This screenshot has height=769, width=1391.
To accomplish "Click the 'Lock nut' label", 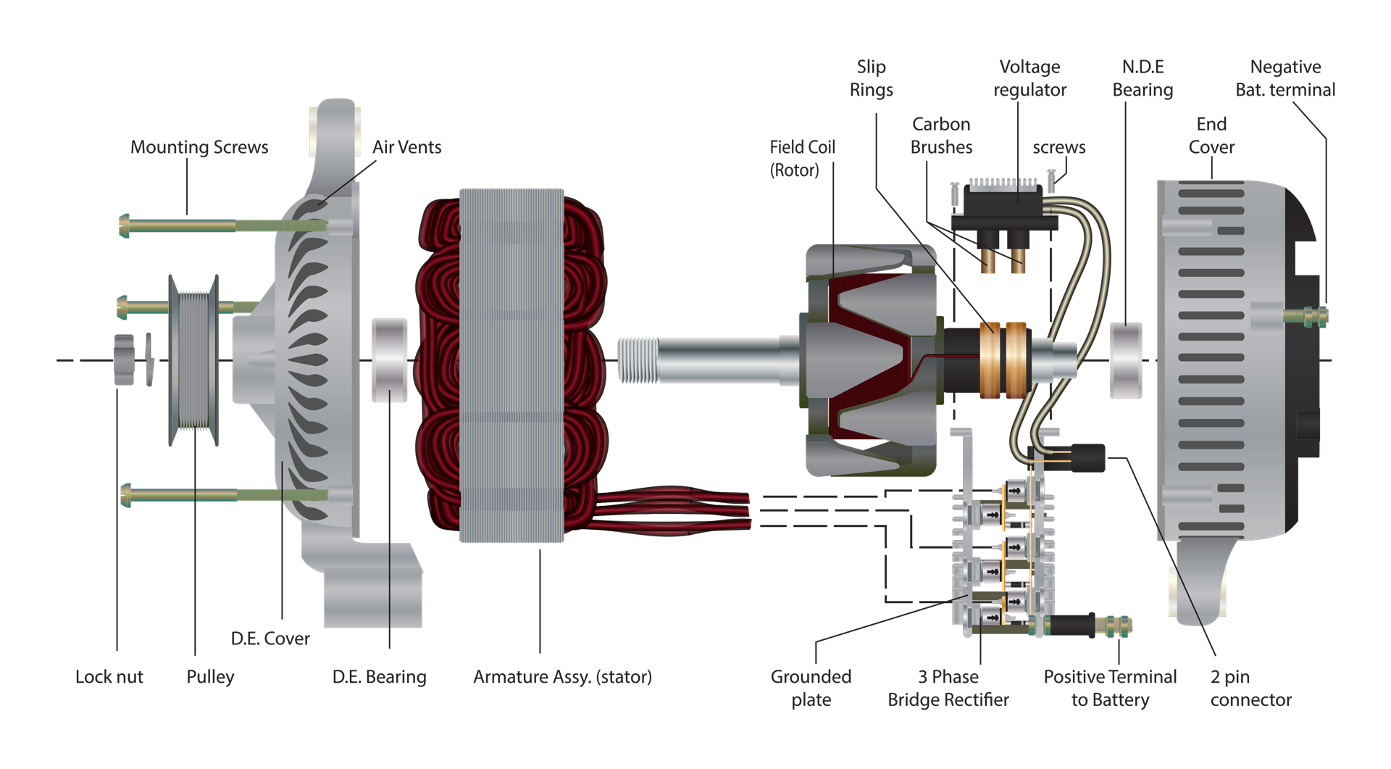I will (x=109, y=677).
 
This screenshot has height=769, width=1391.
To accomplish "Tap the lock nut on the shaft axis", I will (x=124, y=359).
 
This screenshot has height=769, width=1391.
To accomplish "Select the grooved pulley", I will (x=193, y=359).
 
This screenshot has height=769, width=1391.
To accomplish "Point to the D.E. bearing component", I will (x=389, y=360).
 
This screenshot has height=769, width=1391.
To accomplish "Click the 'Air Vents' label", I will (x=406, y=147).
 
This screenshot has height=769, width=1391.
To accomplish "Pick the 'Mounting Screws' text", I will (x=199, y=147).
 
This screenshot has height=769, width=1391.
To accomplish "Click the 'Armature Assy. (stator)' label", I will (x=562, y=677).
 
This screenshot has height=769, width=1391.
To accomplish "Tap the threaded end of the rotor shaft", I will (x=638, y=360).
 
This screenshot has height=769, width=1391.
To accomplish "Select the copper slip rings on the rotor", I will (x=1003, y=359).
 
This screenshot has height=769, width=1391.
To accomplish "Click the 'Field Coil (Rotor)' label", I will (x=801, y=159).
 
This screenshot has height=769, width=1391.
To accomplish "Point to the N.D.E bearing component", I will (x=1126, y=360).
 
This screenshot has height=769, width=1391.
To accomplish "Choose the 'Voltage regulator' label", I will (x=1029, y=78).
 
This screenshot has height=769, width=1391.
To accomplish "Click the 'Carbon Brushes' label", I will (x=941, y=136).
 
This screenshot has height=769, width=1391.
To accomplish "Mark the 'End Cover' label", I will (x=1211, y=136).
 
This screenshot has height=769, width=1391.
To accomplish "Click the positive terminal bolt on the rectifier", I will (x=1111, y=625).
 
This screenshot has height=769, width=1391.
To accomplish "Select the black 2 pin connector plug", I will (x=1087, y=457).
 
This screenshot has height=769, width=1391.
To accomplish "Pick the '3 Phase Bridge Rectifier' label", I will (x=948, y=688).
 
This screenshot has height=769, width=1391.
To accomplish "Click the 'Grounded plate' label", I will (x=811, y=688).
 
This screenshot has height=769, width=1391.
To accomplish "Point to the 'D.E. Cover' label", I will (x=270, y=639).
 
